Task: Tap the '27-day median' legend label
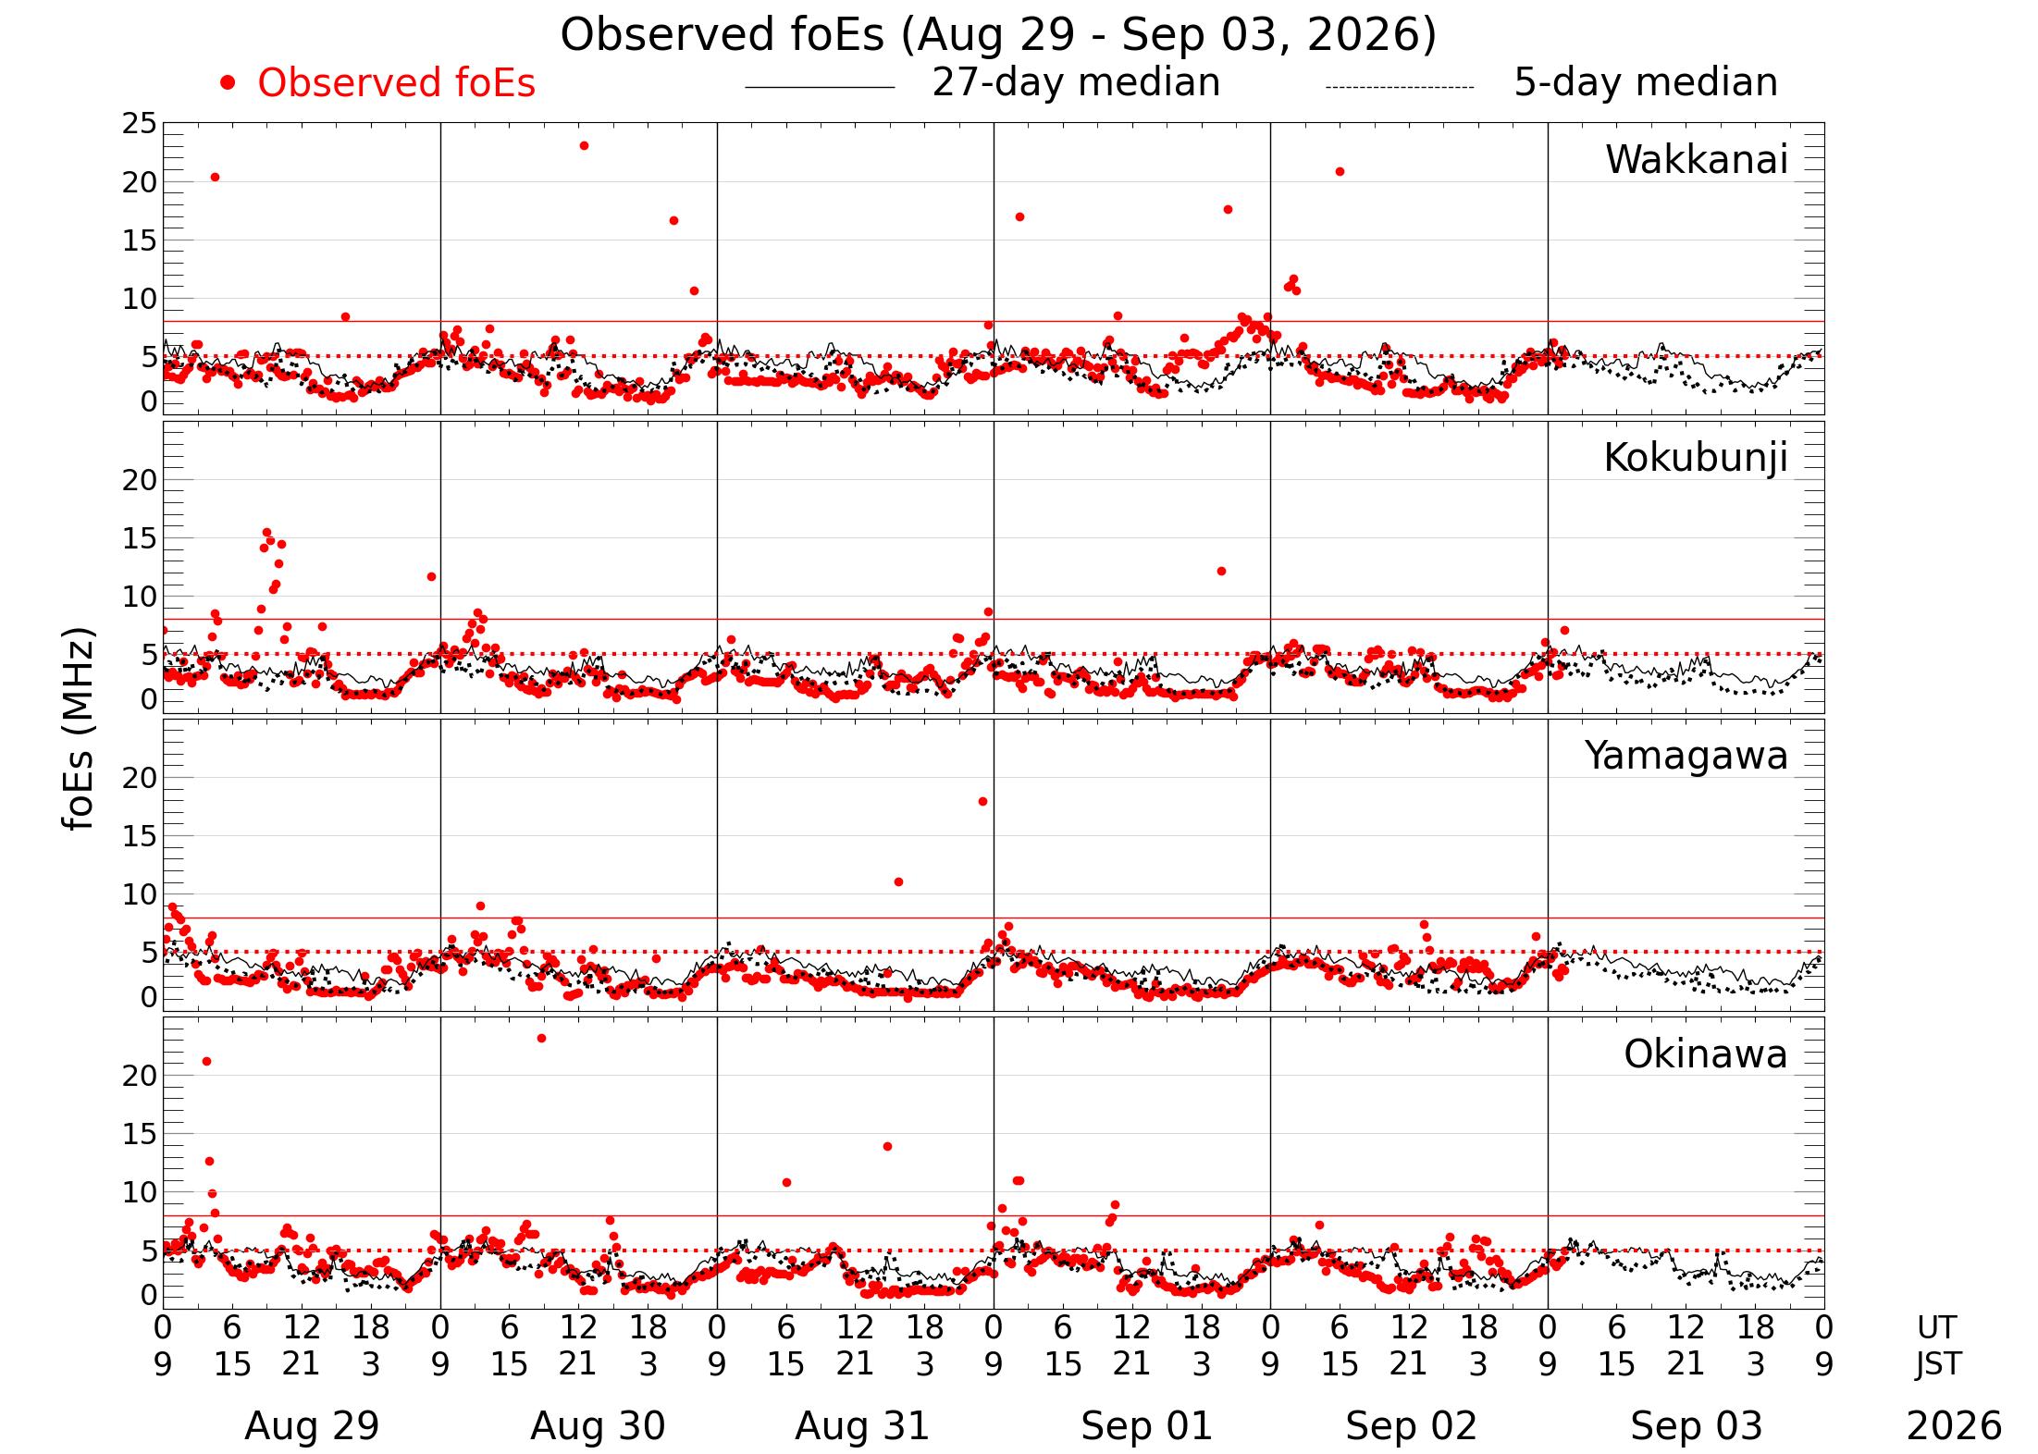1076,83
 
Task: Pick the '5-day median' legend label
1646,83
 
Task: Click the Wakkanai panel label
1697,160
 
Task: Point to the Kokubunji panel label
1696,459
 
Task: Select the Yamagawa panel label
1686,757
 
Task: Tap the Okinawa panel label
1706,1054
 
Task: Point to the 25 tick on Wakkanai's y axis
140,124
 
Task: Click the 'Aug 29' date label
312,1426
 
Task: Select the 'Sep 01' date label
1146,1426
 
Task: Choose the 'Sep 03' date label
1696,1426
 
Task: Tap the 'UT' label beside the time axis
1936,1328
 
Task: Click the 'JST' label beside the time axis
1937,1364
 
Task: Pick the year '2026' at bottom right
1954,1426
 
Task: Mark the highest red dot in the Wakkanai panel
584,146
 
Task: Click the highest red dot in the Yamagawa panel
982,802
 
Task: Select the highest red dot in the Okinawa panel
541,1039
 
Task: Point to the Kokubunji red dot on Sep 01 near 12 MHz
1221,572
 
